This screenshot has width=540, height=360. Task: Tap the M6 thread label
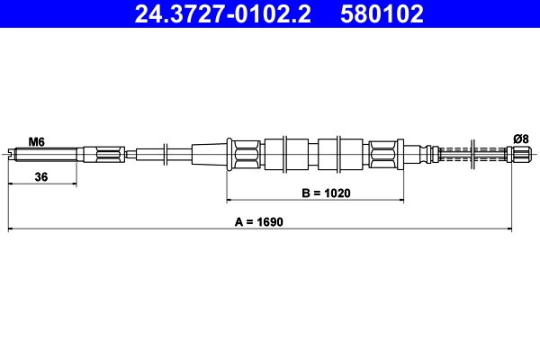[36, 141]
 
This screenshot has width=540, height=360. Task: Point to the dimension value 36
[40, 177]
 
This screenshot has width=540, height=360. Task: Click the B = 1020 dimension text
[326, 193]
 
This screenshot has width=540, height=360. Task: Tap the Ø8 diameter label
[519, 138]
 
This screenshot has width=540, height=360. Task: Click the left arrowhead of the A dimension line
[11, 229]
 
